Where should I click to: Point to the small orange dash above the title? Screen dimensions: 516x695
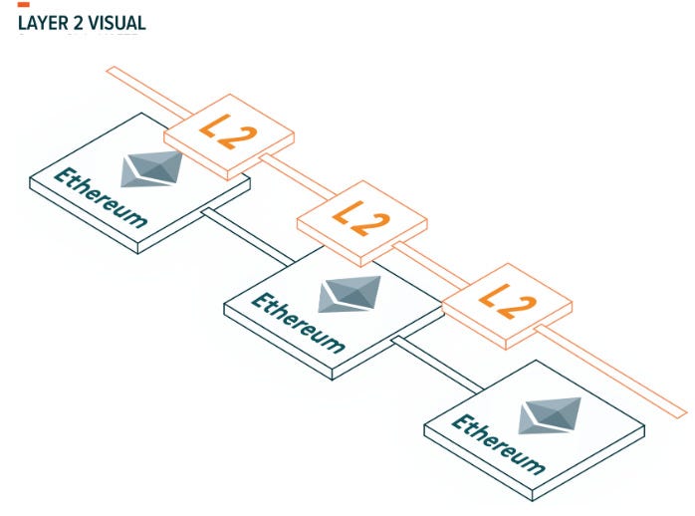23,5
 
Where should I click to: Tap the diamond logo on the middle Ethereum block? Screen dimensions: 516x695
349,293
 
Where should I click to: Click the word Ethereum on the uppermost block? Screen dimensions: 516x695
101,197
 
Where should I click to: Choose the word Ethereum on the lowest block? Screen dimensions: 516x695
499,444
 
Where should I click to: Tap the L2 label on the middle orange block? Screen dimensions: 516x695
360,217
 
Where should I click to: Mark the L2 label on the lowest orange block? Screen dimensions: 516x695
506,299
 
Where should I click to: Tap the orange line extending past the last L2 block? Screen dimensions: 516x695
617,370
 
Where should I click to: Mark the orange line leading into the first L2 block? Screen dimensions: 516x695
139,86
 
